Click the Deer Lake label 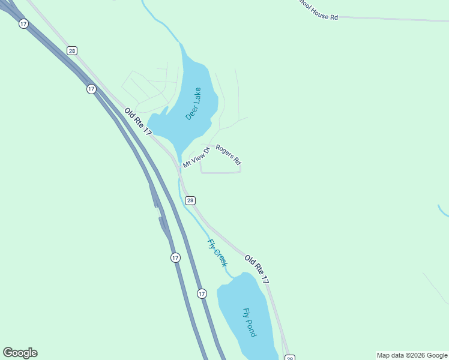point(193,104)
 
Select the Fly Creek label point(217,253)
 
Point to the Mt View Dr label point(196,157)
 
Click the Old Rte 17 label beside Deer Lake point(139,121)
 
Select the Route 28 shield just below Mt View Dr point(190,200)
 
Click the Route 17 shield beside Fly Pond point(202,293)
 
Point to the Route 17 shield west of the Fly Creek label point(175,257)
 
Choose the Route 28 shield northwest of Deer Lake point(72,51)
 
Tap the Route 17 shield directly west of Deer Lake point(91,89)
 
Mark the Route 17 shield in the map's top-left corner point(23,23)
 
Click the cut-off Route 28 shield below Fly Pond point(289,358)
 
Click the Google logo point(20,353)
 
